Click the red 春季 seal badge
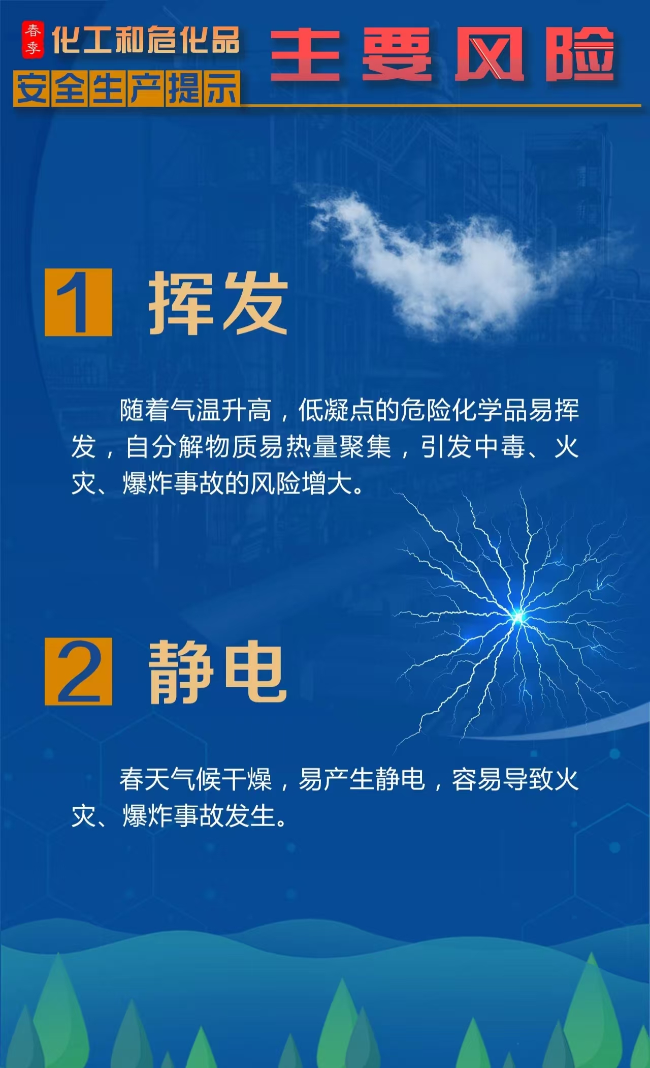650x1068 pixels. (x=32, y=39)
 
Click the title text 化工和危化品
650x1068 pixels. (x=146, y=40)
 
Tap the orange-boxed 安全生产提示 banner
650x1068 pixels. (x=127, y=88)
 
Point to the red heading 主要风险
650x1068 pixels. (x=442, y=54)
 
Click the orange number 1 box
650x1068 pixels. (x=78, y=302)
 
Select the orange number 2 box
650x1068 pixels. (x=78, y=671)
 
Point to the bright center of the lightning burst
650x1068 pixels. (x=518, y=618)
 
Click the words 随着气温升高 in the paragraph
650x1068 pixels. (x=196, y=410)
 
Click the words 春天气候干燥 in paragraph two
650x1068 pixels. (x=196, y=779)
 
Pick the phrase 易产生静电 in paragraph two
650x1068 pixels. (x=362, y=779)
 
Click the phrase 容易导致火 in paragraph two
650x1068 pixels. (x=515, y=779)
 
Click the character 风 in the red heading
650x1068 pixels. (x=489, y=54)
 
